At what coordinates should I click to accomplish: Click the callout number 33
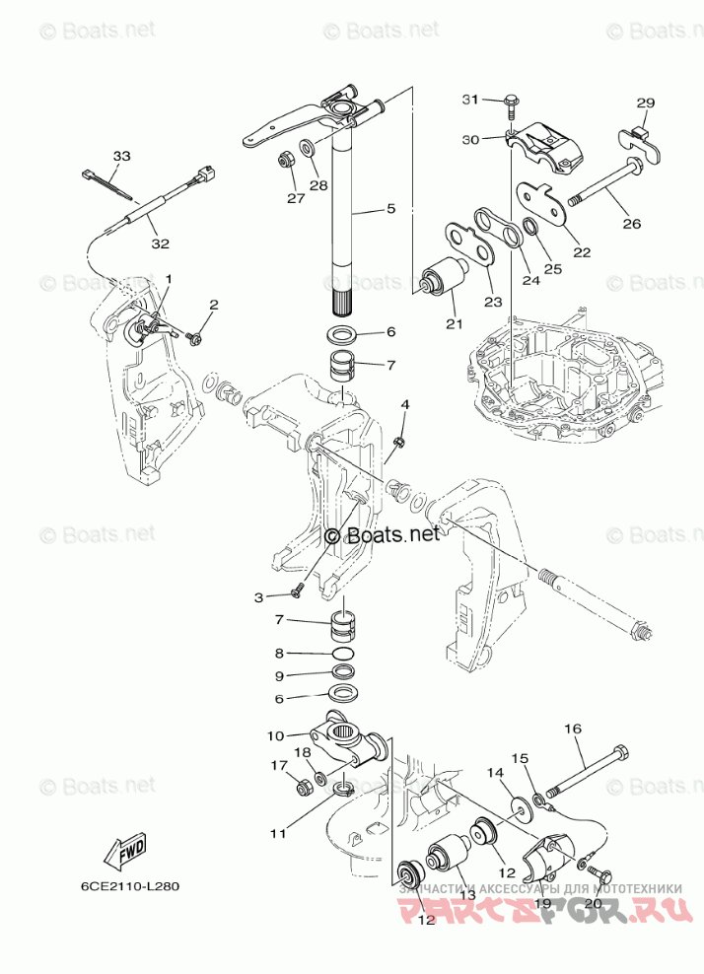pyautogui.click(x=120, y=157)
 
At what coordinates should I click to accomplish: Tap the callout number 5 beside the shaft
pyautogui.click(x=390, y=209)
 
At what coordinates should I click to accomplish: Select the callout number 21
pyautogui.click(x=453, y=324)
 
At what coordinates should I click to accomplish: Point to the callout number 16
pyautogui.click(x=572, y=730)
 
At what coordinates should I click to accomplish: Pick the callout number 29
pyautogui.click(x=646, y=103)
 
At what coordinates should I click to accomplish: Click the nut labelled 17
pyautogui.click(x=306, y=787)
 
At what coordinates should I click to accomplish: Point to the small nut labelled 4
pyautogui.click(x=398, y=441)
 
